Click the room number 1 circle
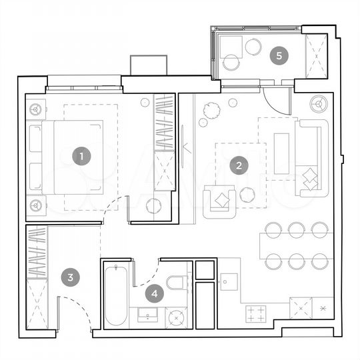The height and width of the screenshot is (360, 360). click(x=82, y=157)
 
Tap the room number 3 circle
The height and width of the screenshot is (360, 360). click(x=71, y=278)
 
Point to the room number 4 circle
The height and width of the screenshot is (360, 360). click(x=155, y=292)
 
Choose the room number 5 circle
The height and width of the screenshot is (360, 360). click(x=279, y=56)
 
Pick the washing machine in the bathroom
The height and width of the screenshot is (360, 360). click(x=177, y=317)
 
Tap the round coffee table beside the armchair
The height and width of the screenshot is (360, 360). click(x=247, y=195)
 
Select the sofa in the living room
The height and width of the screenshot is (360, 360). click(x=309, y=158)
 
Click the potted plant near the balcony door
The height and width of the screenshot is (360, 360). click(x=211, y=110)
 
